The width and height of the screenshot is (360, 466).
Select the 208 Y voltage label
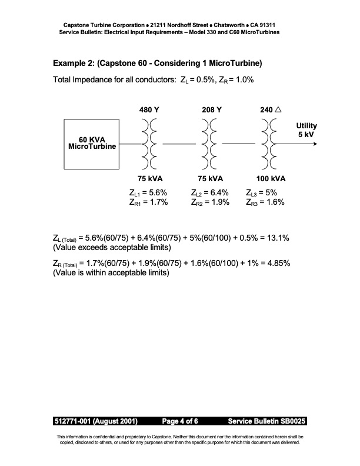(x=211, y=109)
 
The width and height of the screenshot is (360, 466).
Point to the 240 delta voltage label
(x=271, y=109)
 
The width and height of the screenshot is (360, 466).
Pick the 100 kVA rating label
(x=271, y=178)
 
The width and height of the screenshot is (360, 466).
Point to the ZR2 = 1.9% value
(x=210, y=202)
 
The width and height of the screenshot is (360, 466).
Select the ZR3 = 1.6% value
(x=265, y=202)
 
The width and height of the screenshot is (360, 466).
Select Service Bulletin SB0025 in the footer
(x=266, y=422)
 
